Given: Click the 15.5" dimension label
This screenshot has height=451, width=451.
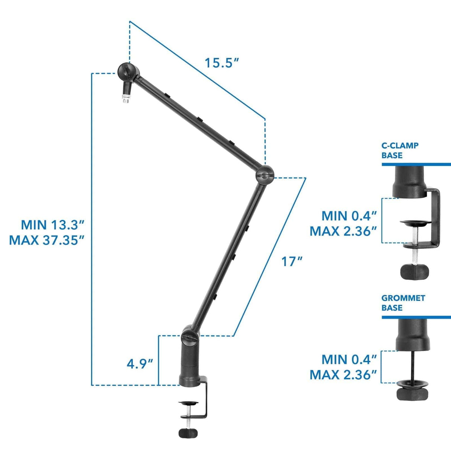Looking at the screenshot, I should [221, 63].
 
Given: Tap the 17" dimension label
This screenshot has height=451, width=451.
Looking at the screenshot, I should [292, 262].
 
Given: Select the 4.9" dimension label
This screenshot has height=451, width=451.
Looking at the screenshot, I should [140, 364].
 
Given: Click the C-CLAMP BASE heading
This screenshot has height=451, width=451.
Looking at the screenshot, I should [400, 150].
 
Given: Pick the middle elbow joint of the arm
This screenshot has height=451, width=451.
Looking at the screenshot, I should [265, 173].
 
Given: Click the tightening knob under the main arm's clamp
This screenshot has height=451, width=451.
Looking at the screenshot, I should [188, 433].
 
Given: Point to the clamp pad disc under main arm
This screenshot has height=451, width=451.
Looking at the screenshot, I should [188, 403].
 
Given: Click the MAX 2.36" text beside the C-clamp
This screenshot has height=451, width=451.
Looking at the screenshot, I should [343, 231].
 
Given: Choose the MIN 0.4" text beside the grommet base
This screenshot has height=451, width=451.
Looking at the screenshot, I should [349, 359].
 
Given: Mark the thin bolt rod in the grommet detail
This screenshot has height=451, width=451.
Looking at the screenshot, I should [413, 366].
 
